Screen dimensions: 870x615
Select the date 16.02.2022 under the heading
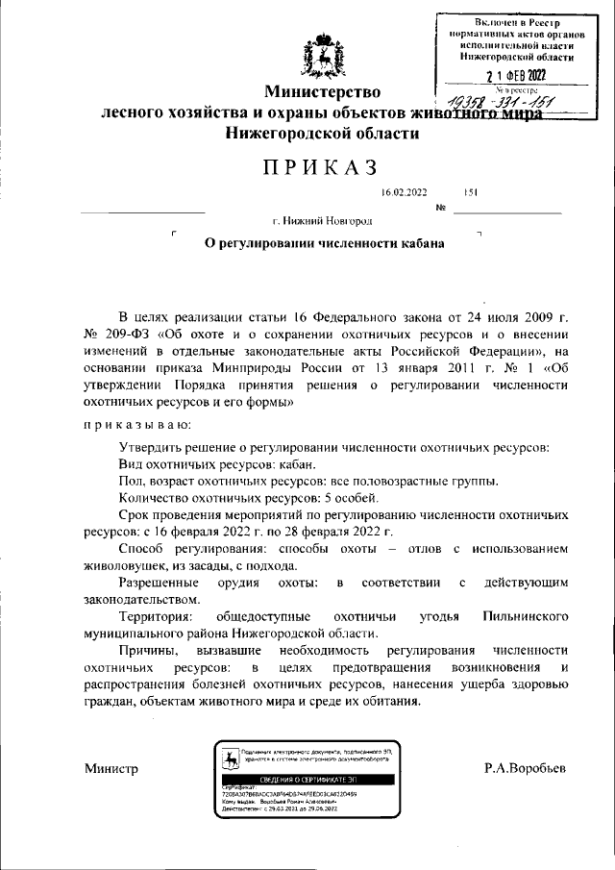(405, 193)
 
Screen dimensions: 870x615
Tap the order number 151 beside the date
(471, 193)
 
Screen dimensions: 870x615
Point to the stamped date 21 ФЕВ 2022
(515, 76)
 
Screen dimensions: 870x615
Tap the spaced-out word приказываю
(137, 423)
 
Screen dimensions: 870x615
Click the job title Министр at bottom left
(111, 769)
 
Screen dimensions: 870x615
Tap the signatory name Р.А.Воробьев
(526, 769)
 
